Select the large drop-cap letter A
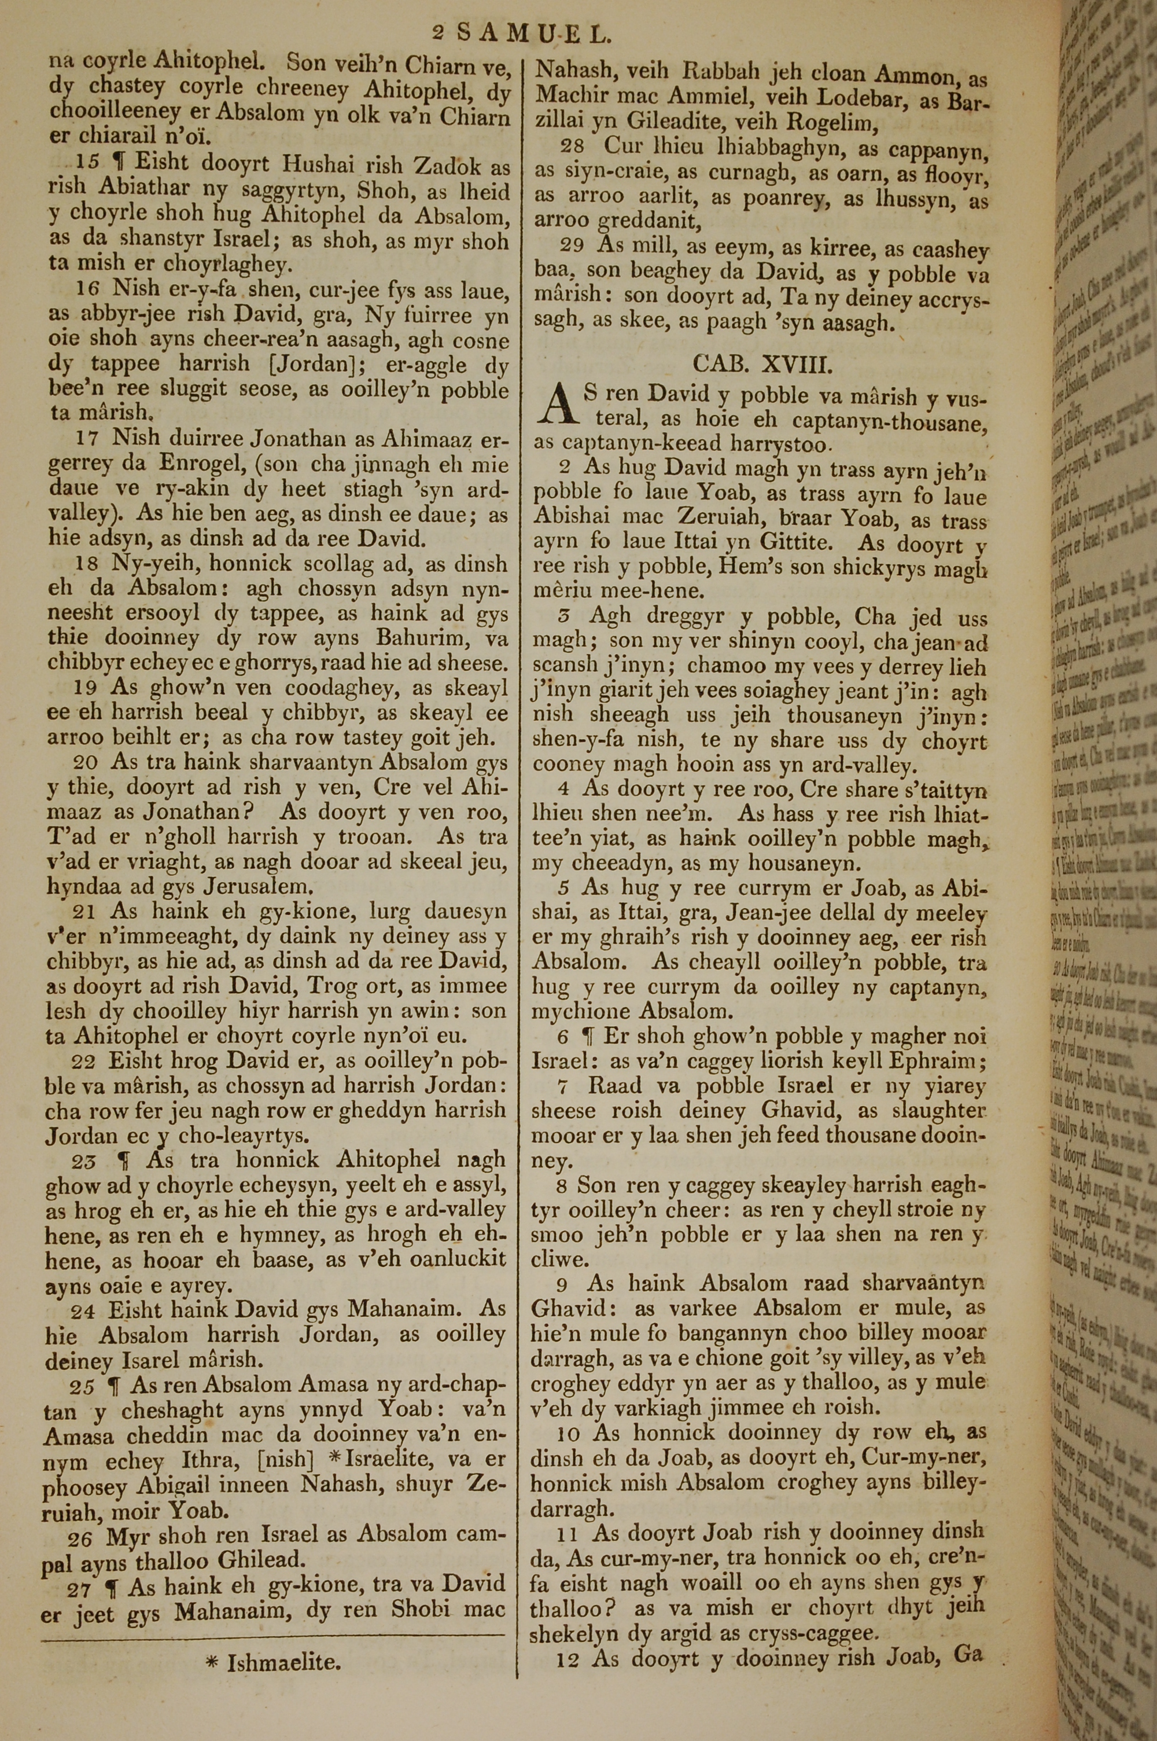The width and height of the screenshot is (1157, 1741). (x=557, y=407)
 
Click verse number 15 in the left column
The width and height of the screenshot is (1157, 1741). (x=88, y=163)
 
